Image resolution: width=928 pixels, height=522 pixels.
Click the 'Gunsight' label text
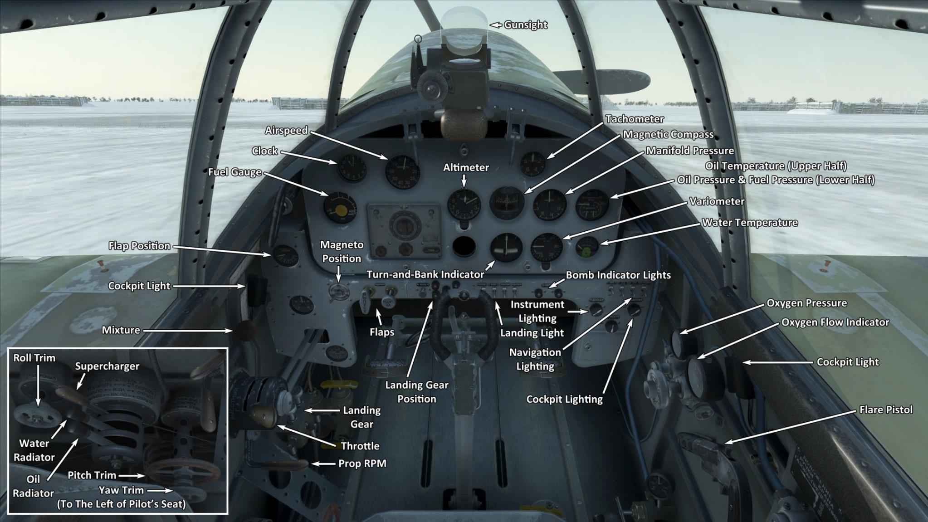(525, 25)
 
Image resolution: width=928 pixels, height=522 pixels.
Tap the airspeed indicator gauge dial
(402, 172)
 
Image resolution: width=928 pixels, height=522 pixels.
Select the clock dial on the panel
(352, 168)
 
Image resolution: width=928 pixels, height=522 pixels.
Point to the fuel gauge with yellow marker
(340, 208)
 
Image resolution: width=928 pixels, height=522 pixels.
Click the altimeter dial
(464, 204)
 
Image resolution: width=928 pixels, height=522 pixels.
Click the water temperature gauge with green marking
(587, 248)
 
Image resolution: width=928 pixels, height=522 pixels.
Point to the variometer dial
(547, 248)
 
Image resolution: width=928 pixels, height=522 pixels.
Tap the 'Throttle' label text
(360, 446)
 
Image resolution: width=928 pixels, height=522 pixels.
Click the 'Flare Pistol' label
(885, 410)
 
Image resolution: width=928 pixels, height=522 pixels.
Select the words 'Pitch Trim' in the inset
(92, 475)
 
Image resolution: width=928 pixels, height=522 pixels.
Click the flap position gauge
(286, 257)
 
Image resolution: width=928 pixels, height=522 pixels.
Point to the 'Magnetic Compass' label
(668, 135)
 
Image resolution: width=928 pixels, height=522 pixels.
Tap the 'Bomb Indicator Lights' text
(618, 275)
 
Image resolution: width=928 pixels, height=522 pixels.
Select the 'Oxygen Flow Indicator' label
(835, 322)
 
